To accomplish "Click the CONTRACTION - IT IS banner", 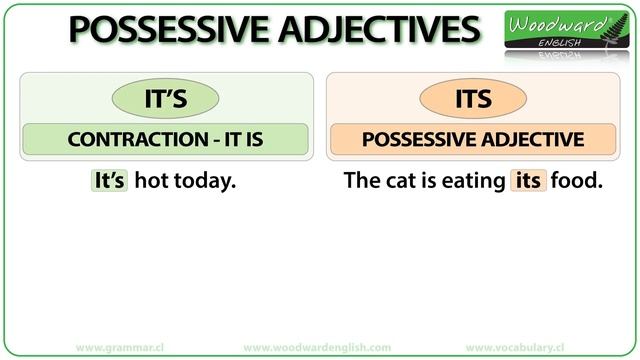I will click(x=164, y=139).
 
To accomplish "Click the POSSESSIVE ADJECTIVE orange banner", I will click(x=472, y=139).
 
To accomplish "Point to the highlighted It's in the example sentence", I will click(x=108, y=181).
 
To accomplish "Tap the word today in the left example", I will click(x=203, y=181).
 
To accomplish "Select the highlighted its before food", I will click(x=528, y=181).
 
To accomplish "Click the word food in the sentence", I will click(x=576, y=181).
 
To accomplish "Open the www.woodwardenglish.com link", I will click(x=317, y=347).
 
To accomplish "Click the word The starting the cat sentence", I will click(x=359, y=181).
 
